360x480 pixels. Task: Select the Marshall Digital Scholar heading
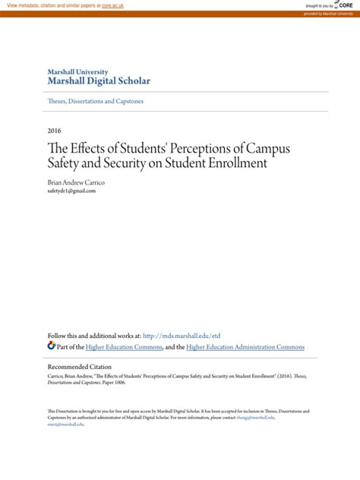99,81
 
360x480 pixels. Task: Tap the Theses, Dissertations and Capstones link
96,101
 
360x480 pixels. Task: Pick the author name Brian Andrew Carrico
77,182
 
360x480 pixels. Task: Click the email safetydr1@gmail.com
71,191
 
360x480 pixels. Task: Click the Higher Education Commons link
124,347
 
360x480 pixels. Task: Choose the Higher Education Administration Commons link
245,347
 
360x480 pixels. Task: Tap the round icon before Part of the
52,346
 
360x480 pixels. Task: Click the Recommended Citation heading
83,366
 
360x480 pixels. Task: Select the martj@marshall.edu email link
65,424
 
